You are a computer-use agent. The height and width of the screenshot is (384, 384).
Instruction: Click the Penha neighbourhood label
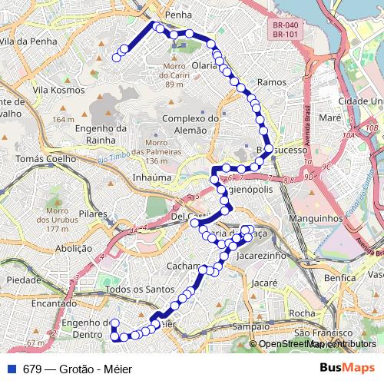(178, 15)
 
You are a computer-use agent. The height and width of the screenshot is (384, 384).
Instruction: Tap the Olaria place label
(204, 65)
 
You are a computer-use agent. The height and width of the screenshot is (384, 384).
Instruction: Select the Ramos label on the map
(272, 81)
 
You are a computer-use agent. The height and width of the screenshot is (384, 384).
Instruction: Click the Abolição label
(74, 248)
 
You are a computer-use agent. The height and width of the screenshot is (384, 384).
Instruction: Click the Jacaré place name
(264, 283)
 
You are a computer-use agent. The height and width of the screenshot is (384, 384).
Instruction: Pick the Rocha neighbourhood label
(302, 313)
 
